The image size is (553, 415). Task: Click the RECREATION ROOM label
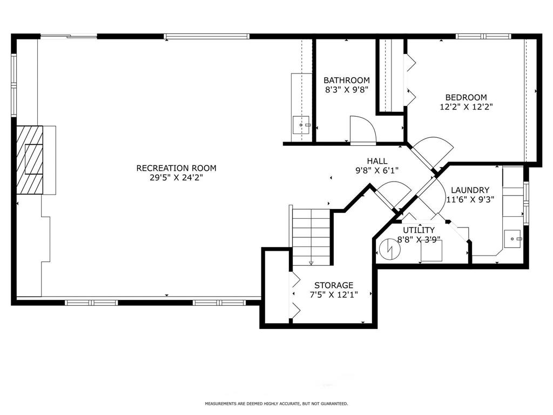click(x=177, y=168)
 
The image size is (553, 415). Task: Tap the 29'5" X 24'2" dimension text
click(x=177, y=177)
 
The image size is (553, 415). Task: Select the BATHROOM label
click(x=347, y=80)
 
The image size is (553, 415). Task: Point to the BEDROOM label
click(x=466, y=97)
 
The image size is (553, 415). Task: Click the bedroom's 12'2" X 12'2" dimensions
click(x=466, y=106)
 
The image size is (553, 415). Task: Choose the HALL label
click(x=377, y=161)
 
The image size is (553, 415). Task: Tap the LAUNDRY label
click(x=470, y=190)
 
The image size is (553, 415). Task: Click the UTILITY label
click(x=419, y=230)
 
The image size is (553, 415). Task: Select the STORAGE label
click(x=334, y=285)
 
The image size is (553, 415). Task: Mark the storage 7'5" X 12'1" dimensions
click(x=334, y=294)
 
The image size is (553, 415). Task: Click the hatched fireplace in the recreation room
click(x=30, y=160)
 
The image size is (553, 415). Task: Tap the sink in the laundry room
click(x=512, y=239)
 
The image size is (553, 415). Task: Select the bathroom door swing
click(x=363, y=130)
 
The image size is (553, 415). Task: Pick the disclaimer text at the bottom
click(x=276, y=403)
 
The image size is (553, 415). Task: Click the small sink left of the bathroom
click(x=301, y=125)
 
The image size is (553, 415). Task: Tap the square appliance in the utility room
click(x=431, y=251)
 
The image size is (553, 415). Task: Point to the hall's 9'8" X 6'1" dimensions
click(x=377, y=171)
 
